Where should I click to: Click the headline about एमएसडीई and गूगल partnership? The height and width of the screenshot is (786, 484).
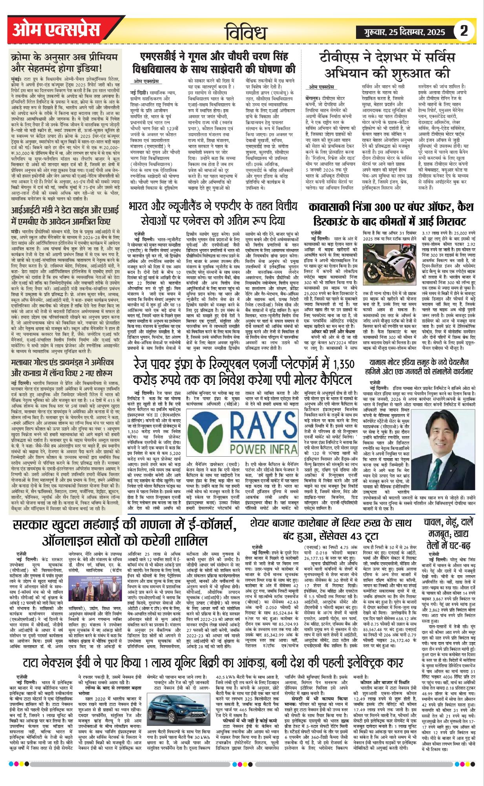coord(214,63)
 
